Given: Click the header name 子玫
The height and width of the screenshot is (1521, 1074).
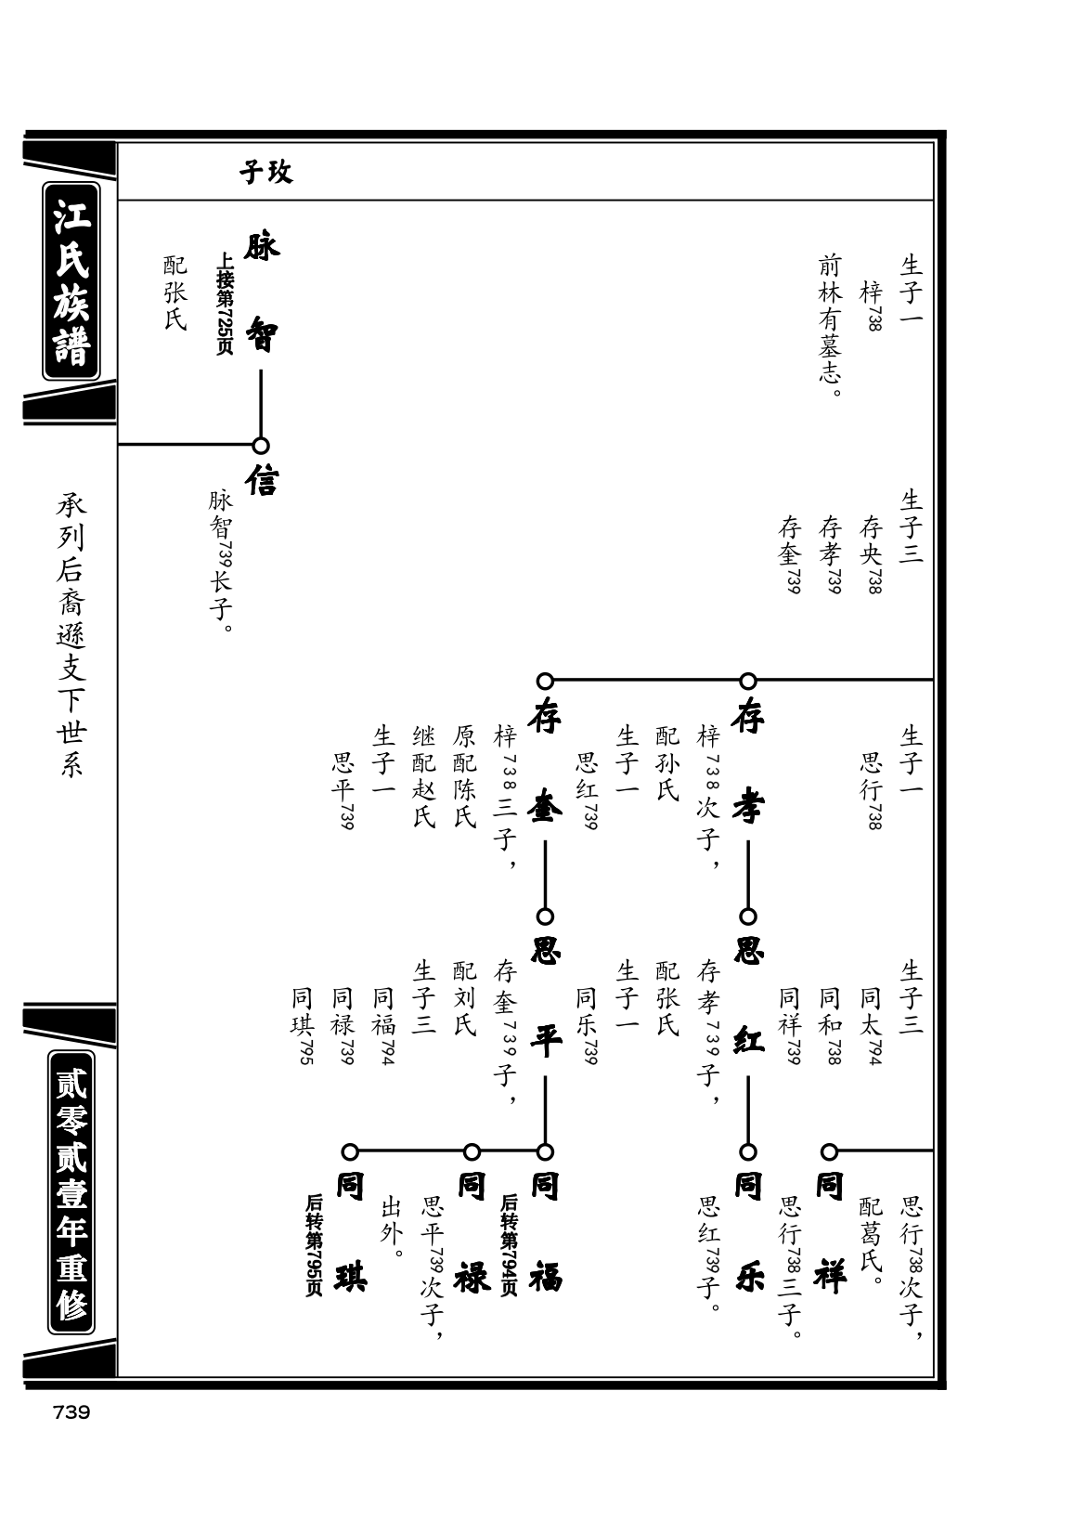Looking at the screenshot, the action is tap(265, 172).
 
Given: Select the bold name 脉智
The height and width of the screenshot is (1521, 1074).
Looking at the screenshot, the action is tap(262, 292).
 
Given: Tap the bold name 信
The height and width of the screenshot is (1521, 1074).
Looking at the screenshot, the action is tap(262, 479).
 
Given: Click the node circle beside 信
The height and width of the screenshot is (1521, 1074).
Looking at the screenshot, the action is tap(261, 446).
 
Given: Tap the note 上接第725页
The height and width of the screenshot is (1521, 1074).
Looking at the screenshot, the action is tap(225, 304).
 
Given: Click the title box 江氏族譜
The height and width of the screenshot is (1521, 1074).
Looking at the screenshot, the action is tap(71, 280).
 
